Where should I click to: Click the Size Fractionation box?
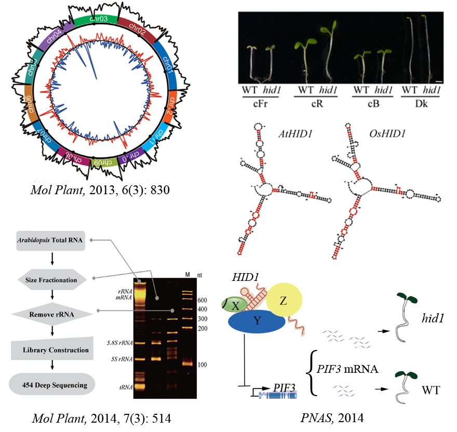point(51,280)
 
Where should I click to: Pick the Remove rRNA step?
point(51,314)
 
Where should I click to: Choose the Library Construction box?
point(51,350)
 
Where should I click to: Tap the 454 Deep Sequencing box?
point(51,385)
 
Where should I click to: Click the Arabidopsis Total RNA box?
point(51,240)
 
